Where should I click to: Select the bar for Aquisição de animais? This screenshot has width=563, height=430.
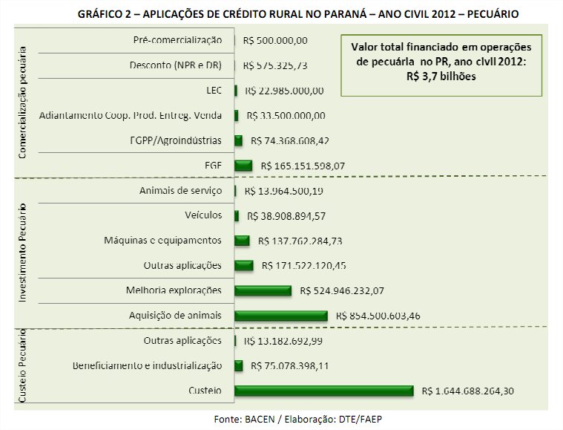280,316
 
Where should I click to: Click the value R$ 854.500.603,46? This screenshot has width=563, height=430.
378,316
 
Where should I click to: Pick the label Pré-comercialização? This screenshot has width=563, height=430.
178,39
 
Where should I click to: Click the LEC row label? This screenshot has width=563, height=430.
212,90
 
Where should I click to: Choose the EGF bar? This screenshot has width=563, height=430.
243,165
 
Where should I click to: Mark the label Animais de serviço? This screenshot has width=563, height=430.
180,191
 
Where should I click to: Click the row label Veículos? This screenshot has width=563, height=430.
203,215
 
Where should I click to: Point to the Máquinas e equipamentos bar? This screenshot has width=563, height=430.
242,241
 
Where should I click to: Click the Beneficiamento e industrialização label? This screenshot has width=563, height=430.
147,365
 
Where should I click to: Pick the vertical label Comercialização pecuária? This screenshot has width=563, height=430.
23,105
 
